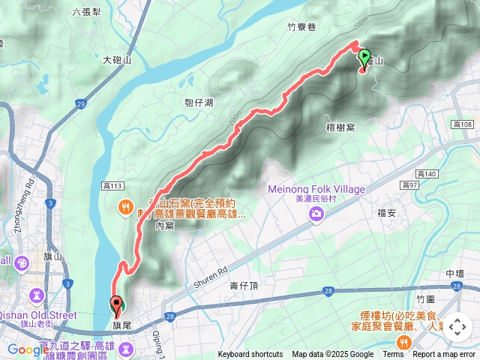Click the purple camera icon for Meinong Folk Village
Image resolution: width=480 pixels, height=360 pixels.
click(316, 215)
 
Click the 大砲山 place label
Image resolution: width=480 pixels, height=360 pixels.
click(117, 59)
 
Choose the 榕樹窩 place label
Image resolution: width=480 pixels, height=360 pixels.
click(340, 127)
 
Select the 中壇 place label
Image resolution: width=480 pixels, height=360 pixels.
click(455, 273)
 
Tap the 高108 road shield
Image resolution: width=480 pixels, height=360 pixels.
click(463, 124)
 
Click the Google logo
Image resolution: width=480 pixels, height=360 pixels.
click(28, 349)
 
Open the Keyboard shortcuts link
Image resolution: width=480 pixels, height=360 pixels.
click(250, 355)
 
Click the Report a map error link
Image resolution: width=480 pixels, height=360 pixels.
click(444, 355)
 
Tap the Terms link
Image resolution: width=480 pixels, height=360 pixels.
click(393, 355)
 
